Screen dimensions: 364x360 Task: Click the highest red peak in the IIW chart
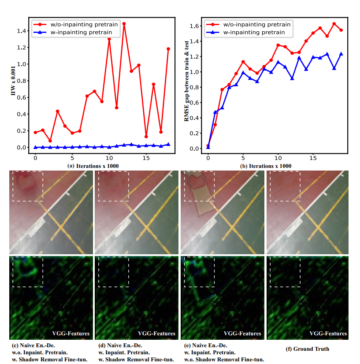point(124,23)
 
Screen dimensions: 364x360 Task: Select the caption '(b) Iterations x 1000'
point(266,166)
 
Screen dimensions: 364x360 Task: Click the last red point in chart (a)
point(168,49)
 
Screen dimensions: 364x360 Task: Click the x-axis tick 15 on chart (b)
point(313,157)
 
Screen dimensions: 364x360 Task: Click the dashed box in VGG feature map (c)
point(28,272)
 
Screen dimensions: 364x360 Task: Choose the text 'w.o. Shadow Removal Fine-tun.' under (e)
point(223,360)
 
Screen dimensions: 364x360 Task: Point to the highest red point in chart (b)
point(334,24)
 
